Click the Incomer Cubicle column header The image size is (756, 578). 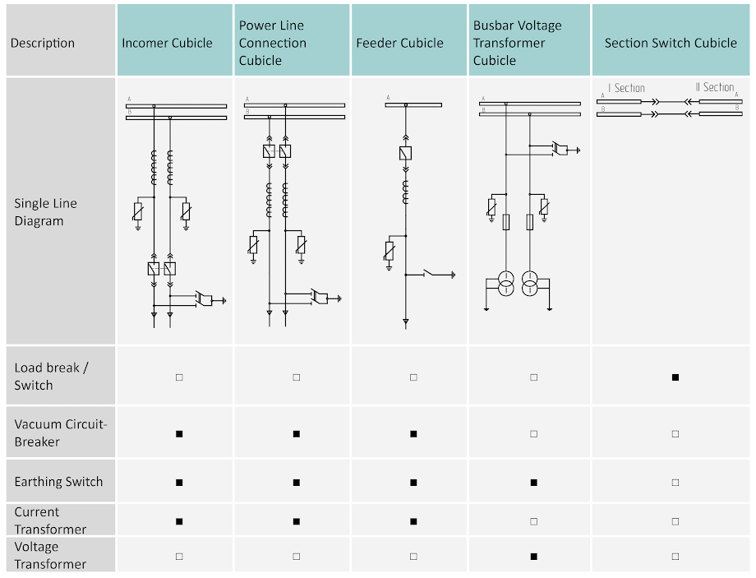pos(168,43)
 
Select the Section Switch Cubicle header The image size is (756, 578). pos(671,43)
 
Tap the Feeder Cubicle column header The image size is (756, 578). pos(399,43)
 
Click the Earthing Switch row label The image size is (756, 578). pos(58,482)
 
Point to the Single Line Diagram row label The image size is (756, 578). pos(45,212)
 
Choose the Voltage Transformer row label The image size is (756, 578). pos(50,555)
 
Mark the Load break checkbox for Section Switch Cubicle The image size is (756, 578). pos(675,377)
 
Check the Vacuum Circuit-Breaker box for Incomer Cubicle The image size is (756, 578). pos(179,433)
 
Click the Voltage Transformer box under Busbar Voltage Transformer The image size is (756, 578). pos(533,557)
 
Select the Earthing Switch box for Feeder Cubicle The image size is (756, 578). pos(413,482)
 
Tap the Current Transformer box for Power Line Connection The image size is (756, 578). pos(296,521)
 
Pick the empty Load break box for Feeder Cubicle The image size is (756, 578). pos(413,377)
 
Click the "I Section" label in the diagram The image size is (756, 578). pos(627,88)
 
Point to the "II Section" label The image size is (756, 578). pos(715,87)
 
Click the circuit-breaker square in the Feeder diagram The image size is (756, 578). pos(405,153)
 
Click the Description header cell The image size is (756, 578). pos(43,43)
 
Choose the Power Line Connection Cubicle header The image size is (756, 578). pos(273,43)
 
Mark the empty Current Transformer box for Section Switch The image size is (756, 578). pos(675,521)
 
